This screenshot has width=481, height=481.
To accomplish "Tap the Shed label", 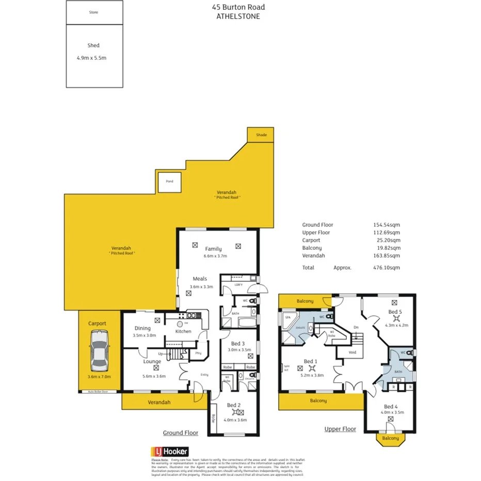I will point(93,45).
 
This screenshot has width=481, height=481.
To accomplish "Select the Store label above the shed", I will point(93,12).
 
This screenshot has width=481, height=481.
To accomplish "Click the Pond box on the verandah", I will point(169,182).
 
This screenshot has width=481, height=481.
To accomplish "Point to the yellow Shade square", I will point(261,135).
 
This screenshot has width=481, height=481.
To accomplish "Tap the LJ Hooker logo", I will point(169,451).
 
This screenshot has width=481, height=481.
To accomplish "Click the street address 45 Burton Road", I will point(238,8).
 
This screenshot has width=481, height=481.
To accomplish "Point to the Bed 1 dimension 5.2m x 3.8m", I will point(312,375).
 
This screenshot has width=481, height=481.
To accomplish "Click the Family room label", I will point(213,249).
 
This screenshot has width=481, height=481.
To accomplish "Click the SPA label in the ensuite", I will point(288,318).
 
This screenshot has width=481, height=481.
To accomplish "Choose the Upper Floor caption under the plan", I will point(340,429).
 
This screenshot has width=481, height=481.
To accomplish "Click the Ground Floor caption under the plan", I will point(181,433).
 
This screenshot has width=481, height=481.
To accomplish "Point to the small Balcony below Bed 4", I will point(391,438).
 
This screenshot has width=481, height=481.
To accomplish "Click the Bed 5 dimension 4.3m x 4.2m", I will point(397,325).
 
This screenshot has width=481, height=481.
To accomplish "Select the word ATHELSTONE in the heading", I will point(238,17).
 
